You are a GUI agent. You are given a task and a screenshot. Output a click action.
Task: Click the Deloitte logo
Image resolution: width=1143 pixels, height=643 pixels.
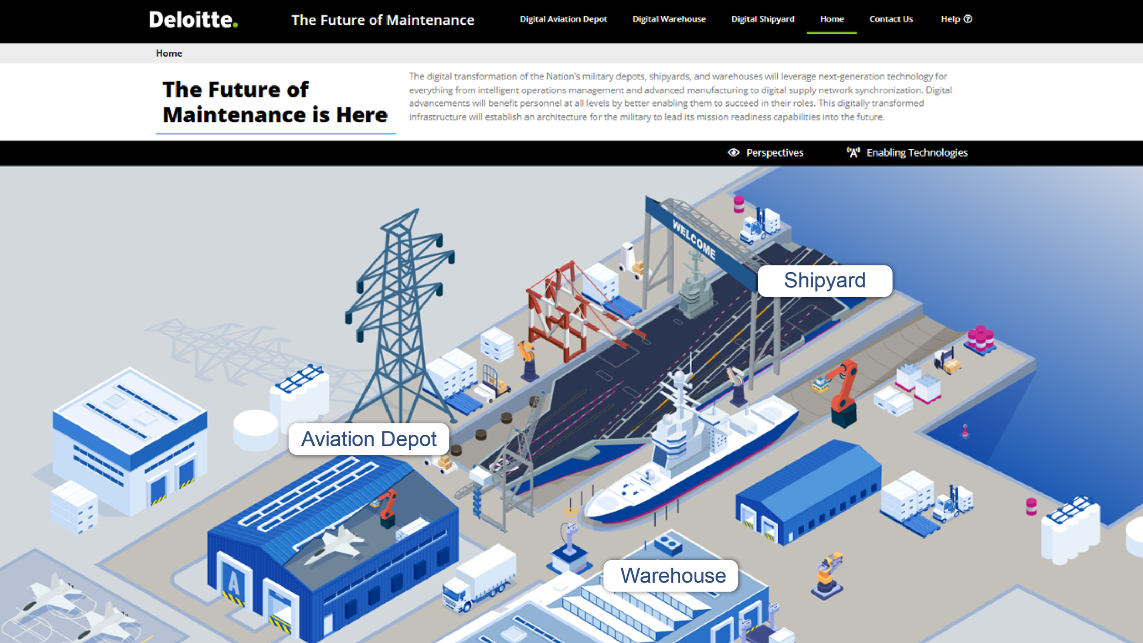(x=193, y=20)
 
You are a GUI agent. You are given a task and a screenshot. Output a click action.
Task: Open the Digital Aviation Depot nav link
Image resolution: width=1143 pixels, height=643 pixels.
(x=563, y=19)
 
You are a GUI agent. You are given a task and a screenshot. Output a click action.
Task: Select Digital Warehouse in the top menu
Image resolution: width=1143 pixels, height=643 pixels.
(x=669, y=19)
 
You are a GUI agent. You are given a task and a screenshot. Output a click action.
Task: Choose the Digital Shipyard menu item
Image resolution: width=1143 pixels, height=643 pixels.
(x=763, y=19)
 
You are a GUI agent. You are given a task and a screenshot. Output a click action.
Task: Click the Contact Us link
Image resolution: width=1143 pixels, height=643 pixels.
(x=891, y=19)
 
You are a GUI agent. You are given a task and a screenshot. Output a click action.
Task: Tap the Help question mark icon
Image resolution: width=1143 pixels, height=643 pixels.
(x=968, y=19)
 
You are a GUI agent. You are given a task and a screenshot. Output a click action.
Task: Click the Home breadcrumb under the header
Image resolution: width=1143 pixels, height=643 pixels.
(x=169, y=54)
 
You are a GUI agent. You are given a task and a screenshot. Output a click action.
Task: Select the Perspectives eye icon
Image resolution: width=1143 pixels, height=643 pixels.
(x=733, y=152)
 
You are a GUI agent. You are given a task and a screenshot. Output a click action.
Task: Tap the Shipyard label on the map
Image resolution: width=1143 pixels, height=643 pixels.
(x=825, y=281)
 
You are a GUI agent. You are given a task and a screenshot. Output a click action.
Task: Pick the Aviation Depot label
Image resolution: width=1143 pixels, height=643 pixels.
(x=369, y=439)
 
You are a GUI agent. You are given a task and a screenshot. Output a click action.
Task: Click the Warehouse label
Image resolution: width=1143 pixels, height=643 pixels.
(x=673, y=575)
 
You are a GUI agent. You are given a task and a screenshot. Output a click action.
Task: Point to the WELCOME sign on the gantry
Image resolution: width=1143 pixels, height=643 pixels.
(x=694, y=238)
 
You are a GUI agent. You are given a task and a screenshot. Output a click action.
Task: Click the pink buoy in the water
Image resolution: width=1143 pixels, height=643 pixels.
(x=965, y=431)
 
